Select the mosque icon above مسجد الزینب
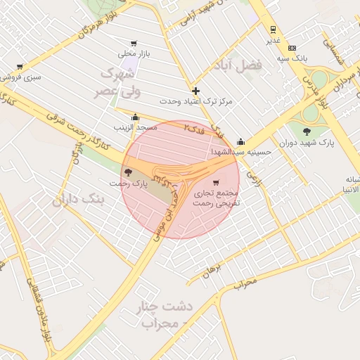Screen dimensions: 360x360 click(x=136, y=117)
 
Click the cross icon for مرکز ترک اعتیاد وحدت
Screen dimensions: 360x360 click(x=195, y=91)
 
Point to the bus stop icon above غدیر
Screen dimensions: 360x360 click(x=273, y=30)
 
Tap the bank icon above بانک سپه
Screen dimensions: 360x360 click(x=292, y=48)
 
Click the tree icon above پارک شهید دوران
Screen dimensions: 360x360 click(x=306, y=131)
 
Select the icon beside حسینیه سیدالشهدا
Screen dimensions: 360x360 click(x=240, y=141)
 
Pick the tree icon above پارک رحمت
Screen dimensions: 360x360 click(x=127, y=172)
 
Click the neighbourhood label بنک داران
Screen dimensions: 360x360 click(x=78, y=200)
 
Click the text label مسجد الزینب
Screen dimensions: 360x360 click(x=136, y=128)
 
